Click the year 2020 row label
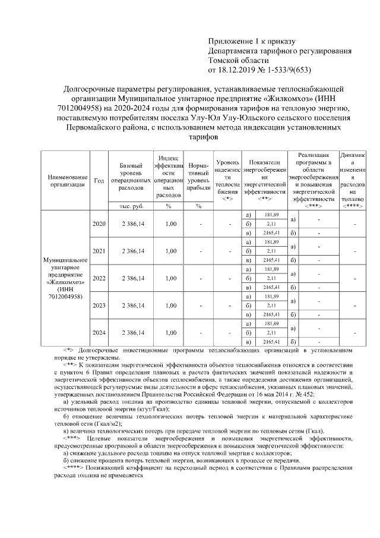99,224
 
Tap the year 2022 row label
99,278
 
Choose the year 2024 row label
99,333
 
